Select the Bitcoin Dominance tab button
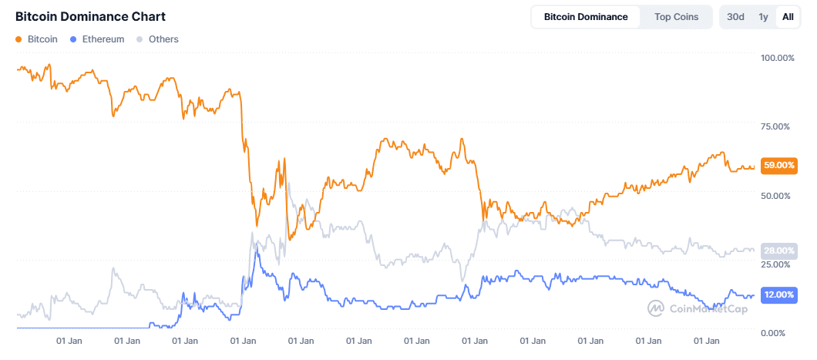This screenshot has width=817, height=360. [x=586, y=17]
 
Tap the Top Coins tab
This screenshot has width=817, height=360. [x=676, y=17]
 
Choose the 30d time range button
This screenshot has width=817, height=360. [x=735, y=17]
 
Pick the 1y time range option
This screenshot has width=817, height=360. [x=763, y=17]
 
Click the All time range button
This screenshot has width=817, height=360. [x=788, y=17]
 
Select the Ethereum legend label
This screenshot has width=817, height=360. [x=103, y=39]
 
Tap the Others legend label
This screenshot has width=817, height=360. [x=163, y=39]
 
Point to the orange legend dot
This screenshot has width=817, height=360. [x=18, y=39]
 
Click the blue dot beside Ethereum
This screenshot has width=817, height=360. [x=72, y=39]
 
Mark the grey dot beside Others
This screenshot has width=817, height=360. [x=139, y=39]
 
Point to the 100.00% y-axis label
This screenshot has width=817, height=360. [x=777, y=59]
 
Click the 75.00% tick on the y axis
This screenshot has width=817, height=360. [x=777, y=127]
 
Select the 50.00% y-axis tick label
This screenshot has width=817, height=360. [x=777, y=197]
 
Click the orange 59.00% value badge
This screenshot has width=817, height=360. [x=778, y=165]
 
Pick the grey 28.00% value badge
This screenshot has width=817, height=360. [x=778, y=251]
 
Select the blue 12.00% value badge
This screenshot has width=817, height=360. [x=778, y=294]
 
